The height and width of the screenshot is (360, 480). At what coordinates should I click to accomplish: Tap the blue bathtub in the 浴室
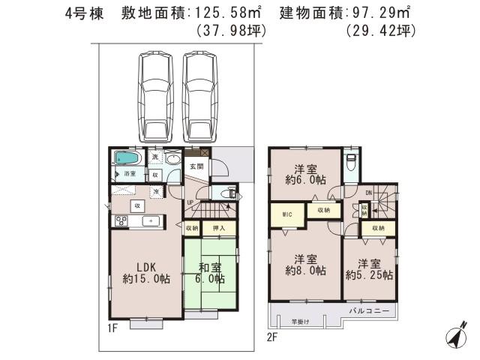pyautogui.click(x=126, y=158)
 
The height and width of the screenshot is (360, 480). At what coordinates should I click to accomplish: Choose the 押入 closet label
pyautogui.click(x=220, y=228)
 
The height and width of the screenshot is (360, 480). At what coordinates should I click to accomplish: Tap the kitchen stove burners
pyautogui.click(x=121, y=220)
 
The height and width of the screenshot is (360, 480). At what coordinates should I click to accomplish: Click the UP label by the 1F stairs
pyautogui.click(x=190, y=202)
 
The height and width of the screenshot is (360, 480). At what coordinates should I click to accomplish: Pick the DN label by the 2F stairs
pyautogui.click(x=368, y=193)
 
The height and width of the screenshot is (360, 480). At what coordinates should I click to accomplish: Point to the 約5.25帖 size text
pyautogui.click(x=369, y=275)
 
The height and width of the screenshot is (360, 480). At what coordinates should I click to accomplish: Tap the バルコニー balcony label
pyautogui.click(x=368, y=309)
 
